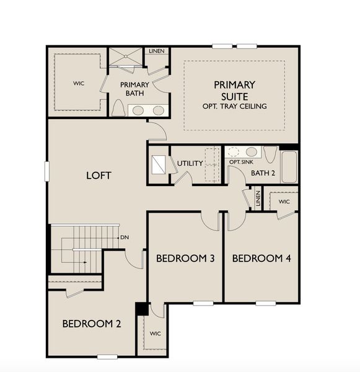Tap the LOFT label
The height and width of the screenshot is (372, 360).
(99, 176)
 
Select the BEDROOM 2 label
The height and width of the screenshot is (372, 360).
(91, 324)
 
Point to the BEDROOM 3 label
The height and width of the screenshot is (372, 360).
(185, 258)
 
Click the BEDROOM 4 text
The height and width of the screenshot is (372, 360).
(261, 258)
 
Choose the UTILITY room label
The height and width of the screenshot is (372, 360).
(190, 164)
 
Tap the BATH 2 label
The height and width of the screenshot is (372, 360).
(263, 173)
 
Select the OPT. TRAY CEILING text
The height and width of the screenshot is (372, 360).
(234, 107)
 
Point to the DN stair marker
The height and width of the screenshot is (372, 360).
(125, 237)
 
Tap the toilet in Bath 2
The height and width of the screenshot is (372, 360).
(271, 153)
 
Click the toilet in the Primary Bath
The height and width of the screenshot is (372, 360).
(118, 108)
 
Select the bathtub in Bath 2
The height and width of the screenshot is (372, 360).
(289, 167)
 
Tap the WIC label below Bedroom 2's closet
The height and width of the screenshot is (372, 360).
(155, 334)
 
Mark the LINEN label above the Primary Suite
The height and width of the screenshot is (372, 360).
(157, 51)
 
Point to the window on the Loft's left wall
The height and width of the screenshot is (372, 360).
(46, 171)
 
